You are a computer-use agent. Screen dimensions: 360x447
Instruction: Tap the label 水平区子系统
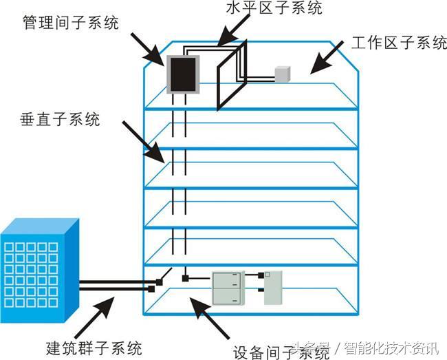274,8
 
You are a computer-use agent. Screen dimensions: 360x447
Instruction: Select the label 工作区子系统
400,43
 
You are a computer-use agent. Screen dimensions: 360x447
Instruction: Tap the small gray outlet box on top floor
283,74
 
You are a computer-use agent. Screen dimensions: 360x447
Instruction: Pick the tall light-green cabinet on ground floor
274,287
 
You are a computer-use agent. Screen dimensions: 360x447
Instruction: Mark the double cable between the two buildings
113,283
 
